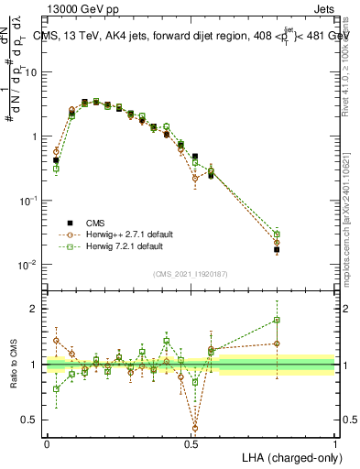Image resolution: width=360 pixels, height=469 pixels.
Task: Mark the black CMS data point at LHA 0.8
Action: point(277,249)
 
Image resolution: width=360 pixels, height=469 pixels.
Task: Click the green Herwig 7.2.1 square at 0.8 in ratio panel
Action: point(277,320)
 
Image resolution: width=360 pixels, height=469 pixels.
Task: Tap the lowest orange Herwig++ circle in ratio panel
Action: point(195,427)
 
